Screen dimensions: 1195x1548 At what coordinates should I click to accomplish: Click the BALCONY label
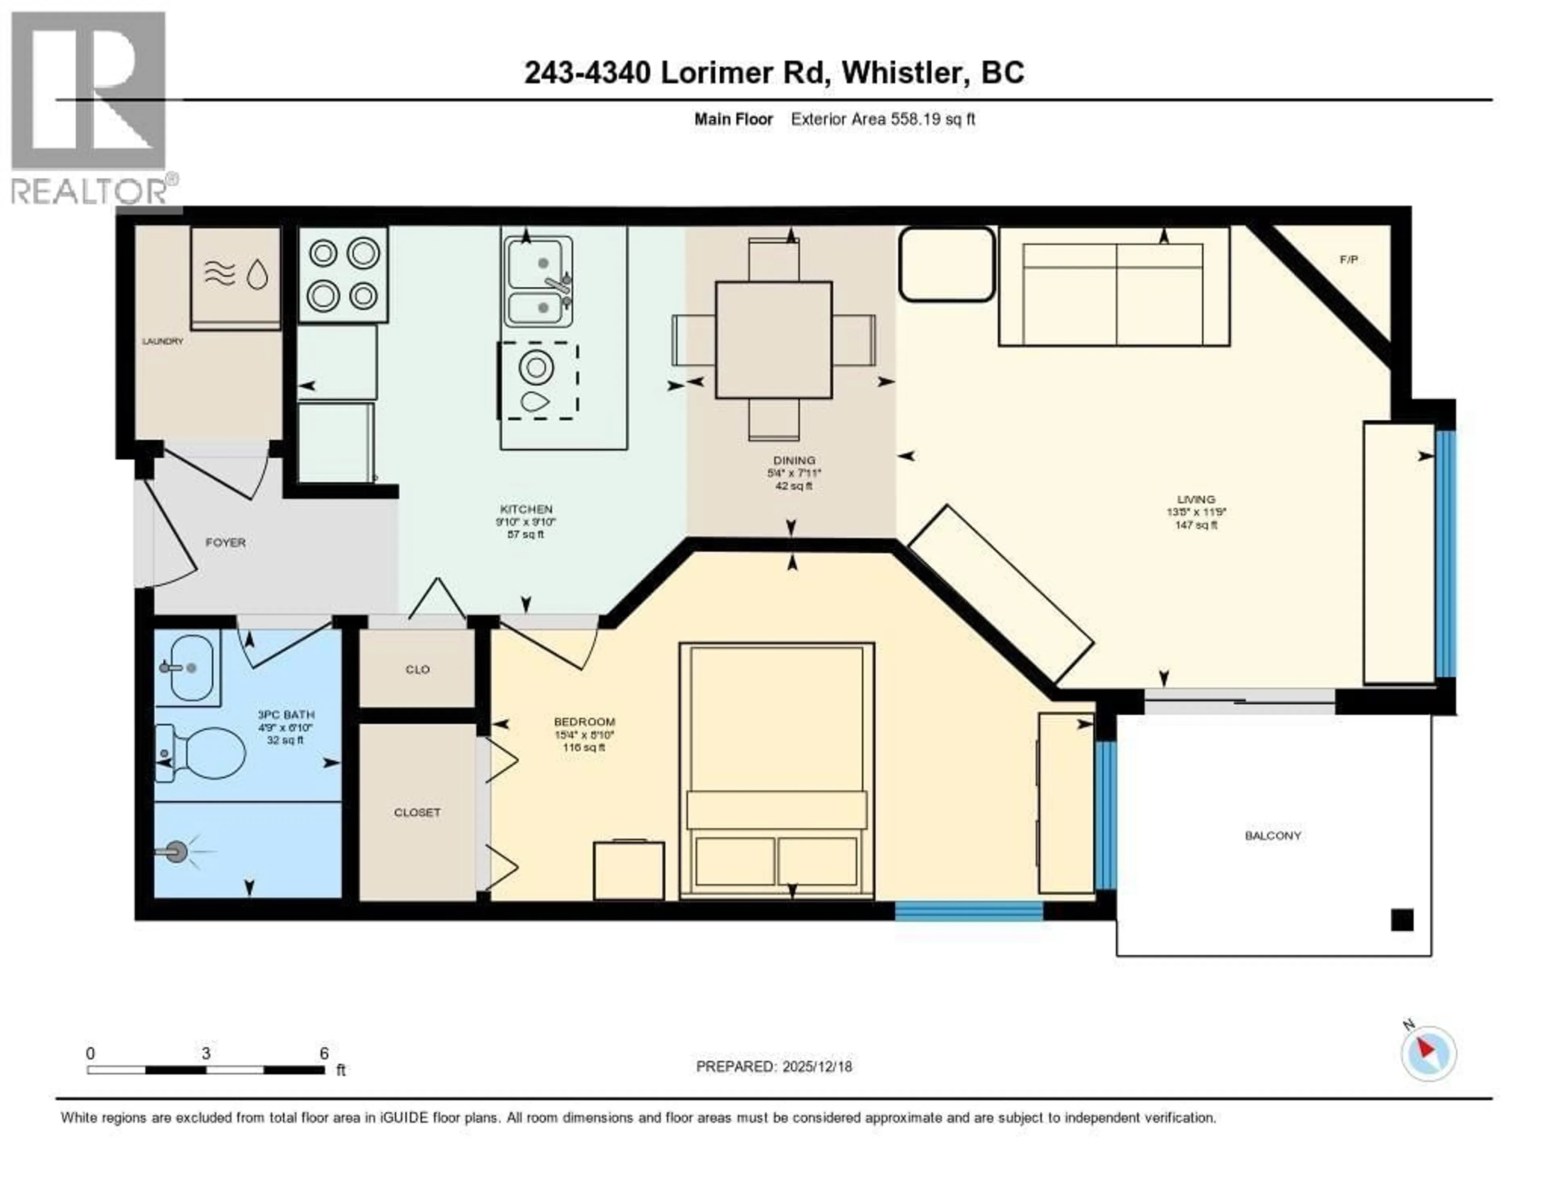click(x=1273, y=836)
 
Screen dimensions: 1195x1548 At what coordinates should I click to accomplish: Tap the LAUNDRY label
click(x=162, y=341)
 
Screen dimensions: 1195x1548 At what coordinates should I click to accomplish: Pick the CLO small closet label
click(x=418, y=669)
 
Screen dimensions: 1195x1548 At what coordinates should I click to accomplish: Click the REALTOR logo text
click(x=89, y=191)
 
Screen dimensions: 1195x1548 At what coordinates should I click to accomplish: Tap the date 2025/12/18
click(x=816, y=1067)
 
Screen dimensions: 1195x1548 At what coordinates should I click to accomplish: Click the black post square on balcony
click(x=1402, y=920)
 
